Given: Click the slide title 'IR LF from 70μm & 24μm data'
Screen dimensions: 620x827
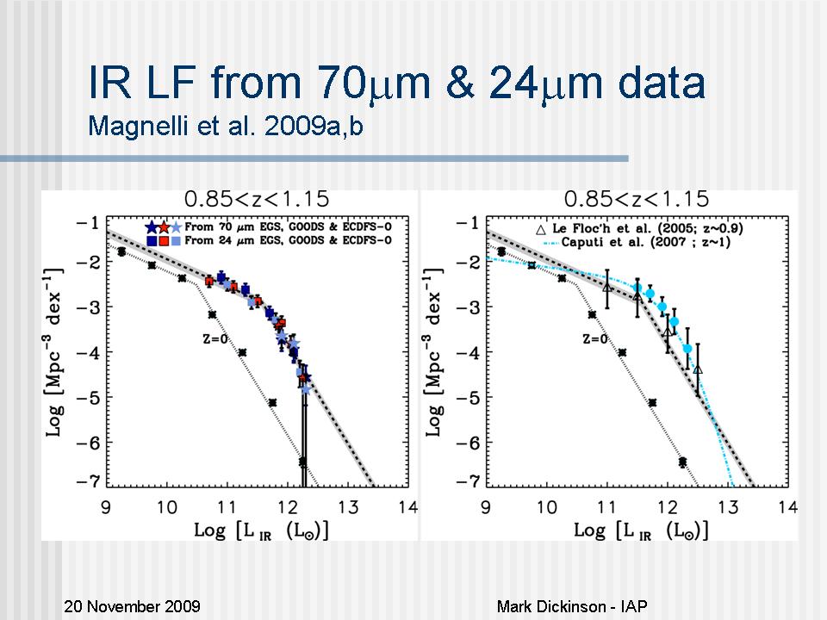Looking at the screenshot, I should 397,84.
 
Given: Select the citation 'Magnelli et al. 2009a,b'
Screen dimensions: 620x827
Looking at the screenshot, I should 233,127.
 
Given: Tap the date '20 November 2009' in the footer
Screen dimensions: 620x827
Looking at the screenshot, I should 133,606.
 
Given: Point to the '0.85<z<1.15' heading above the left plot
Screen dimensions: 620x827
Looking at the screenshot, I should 262,200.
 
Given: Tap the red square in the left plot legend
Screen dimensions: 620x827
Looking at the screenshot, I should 164,240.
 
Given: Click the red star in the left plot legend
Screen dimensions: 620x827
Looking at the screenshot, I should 164,227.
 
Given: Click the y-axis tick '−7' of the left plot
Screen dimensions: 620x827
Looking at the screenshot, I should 88,480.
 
